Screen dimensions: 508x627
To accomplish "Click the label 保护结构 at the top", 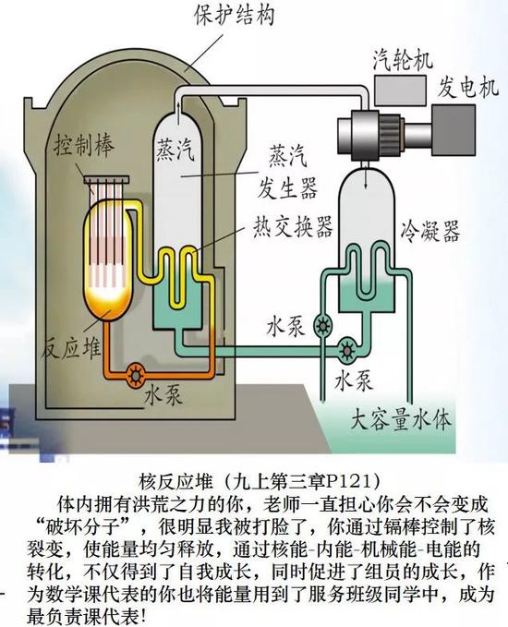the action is (235, 15).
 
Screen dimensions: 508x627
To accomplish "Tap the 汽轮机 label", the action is (404, 60).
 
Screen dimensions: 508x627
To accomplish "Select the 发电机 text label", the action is (467, 87).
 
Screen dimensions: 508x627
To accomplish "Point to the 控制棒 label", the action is (84, 146).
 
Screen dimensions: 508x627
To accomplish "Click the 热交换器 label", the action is (293, 227).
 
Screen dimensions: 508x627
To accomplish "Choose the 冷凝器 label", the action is (430, 231).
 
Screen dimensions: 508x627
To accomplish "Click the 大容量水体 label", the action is (401, 420).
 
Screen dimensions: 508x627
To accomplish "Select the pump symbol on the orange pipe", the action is (137, 375).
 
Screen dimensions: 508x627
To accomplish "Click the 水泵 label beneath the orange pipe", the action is (163, 394).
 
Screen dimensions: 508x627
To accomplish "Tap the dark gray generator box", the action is (454, 130).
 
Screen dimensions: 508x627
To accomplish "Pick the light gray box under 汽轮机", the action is (400, 90).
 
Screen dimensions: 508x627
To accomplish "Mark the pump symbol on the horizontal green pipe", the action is (346, 350).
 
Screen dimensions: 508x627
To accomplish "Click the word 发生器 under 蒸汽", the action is (287, 187).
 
